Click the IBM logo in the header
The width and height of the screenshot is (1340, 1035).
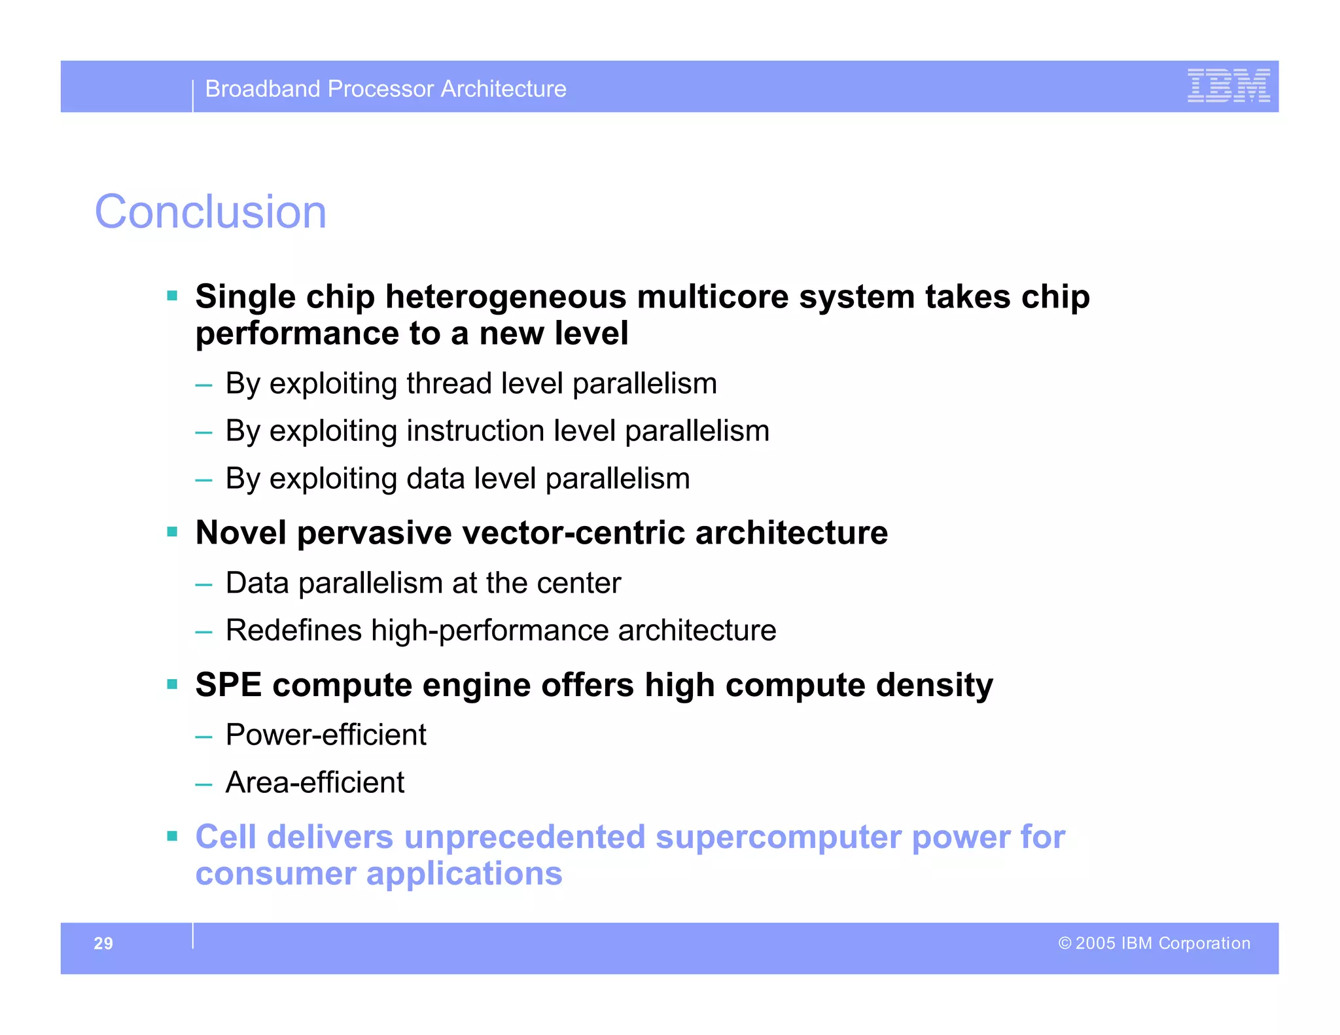[x=1228, y=86]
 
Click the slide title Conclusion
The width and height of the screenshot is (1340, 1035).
[x=210, y=212]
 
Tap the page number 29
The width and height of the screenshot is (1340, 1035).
[x=103, y=943]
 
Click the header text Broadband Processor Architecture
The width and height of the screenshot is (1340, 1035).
[x=385, y=89]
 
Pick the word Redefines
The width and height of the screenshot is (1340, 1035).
[x=293, y=631]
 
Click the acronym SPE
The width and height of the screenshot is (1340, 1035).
[x=228, y=685]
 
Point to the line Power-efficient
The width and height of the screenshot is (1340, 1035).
[x=325, y=735]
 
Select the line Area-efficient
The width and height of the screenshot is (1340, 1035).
[x=315, y=782]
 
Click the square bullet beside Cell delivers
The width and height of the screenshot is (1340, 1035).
[x=172, y=835]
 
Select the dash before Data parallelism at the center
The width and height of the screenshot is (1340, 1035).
[x=203, y=584]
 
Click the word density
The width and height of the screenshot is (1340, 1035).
[x=934, y=685]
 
